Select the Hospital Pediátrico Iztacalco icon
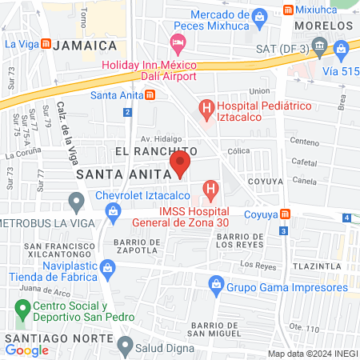[x=206, y=107]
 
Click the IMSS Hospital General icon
[x=210, y=190]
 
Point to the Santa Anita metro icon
[x=150, y=95]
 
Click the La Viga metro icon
[x=46, y=44]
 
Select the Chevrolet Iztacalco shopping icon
[x=113, y=210]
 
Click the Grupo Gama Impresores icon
[x=215, y=283]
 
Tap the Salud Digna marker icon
[x=124, y=345]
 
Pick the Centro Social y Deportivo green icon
[x=22, y=307]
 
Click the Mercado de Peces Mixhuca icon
[x=258, y=16]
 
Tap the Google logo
[x=27, y=350]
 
